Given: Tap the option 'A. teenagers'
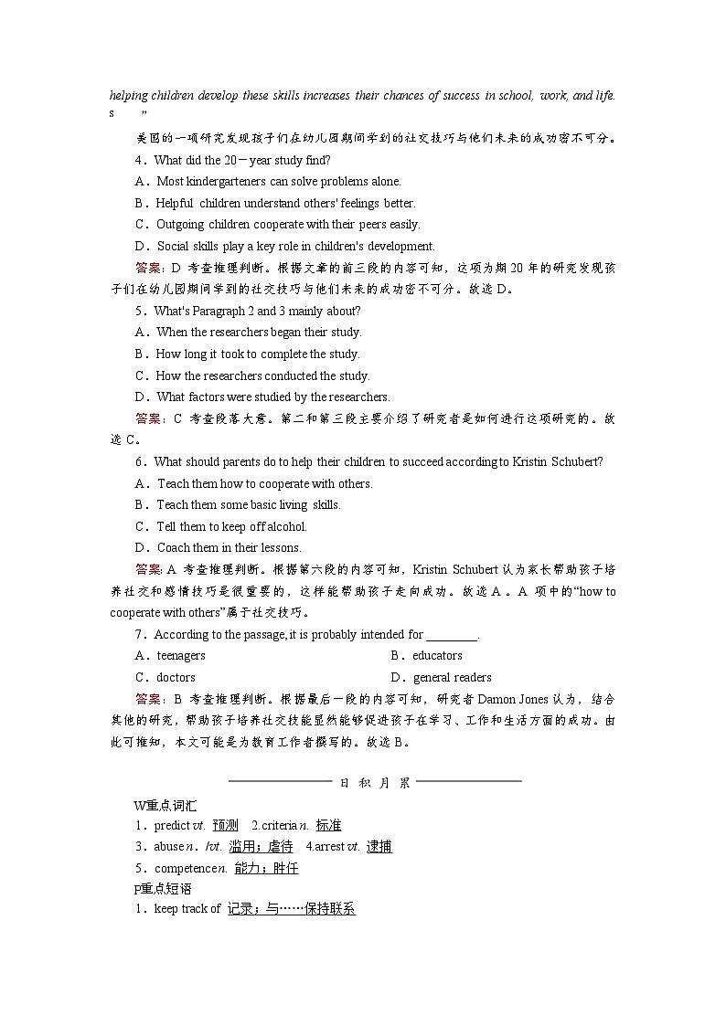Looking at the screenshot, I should click(x=170, y=655).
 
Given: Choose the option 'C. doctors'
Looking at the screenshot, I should click(x=165, y=677).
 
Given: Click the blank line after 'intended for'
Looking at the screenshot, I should click(x=452, y=634).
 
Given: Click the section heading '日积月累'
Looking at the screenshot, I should click(x=375, y=782).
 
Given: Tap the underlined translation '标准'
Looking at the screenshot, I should click(x=328, y=825).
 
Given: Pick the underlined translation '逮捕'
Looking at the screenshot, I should click(x=379, y=847).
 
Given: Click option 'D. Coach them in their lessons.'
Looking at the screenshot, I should click(x=218, y=547).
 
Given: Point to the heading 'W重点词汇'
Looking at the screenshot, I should click(x=165, y=805).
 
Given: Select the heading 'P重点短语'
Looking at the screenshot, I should click(x=163, y=888).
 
